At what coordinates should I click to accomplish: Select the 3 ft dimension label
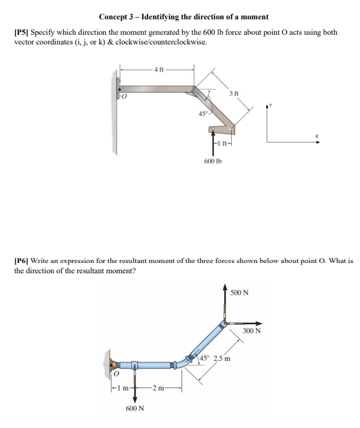[233, 94]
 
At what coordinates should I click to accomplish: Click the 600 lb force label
[213, 160]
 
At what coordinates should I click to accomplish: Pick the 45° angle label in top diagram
[204, 115]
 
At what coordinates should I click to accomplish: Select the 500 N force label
[240, 293]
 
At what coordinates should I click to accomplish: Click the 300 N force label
[252, 331]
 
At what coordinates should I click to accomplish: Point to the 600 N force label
[135, 408]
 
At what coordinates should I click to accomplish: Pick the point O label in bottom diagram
[116, 373]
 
